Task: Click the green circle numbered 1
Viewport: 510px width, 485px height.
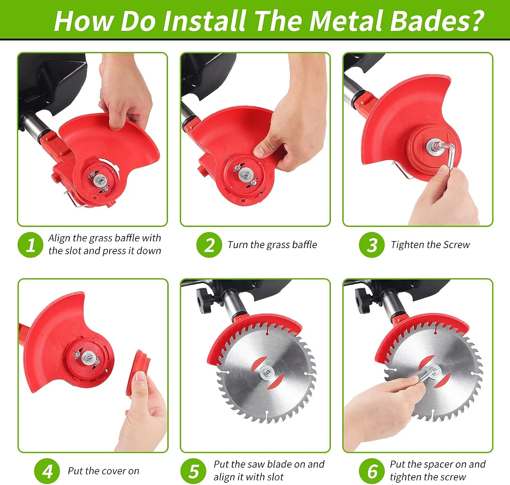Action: [30, 245]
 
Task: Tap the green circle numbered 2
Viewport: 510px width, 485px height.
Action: [209, 245]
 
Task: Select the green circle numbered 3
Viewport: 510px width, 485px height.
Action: [372, 245]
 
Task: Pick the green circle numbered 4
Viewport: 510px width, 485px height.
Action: [47, 471]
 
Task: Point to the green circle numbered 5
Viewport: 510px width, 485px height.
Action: [193, 471]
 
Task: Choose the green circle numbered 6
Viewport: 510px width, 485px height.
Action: [372, 471]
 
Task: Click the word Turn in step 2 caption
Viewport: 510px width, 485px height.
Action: [237, 245]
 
